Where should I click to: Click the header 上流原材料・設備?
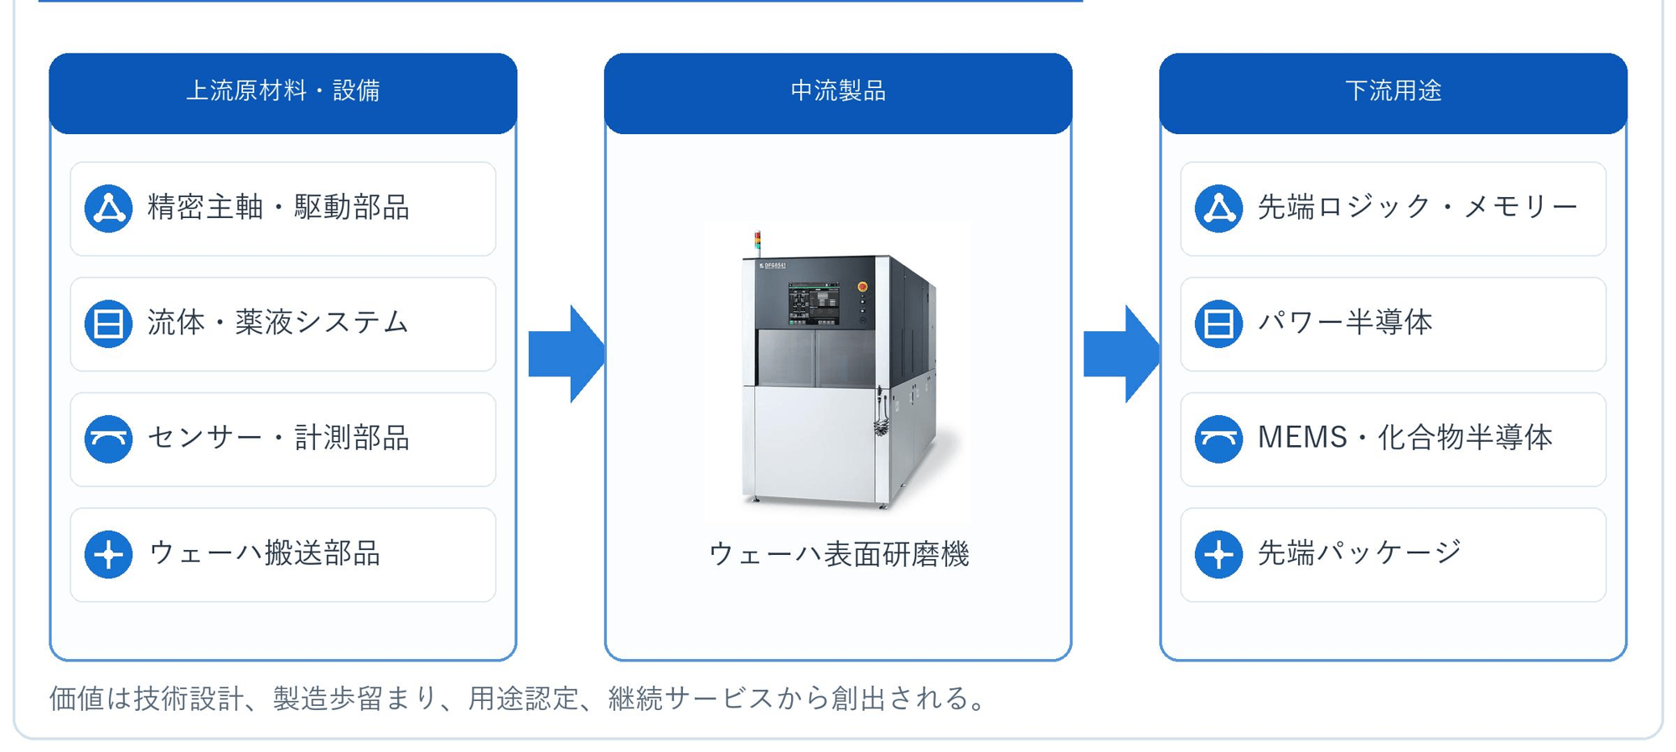click(283, 91)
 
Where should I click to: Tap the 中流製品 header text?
click(838, 91)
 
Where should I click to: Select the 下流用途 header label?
click(1393, 91)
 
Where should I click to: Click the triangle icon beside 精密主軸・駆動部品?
click(109, 208)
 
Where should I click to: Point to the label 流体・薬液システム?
click(278, 323)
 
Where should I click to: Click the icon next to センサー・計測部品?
click(109, 438)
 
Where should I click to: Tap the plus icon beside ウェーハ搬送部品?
click(109, 554)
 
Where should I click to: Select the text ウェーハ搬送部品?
click(265, 553)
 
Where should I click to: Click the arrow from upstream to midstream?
click(566, 354)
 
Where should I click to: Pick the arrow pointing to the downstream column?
click(1121, 354)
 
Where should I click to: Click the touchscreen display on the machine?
click(813, 303)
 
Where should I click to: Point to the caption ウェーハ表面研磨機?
click(839, 554)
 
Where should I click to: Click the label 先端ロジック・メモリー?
click(1418, 207)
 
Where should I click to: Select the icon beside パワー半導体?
click(1218, 324)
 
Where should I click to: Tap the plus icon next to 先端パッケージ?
click(1218, 554)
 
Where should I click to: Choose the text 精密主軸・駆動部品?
click(278, 207)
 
